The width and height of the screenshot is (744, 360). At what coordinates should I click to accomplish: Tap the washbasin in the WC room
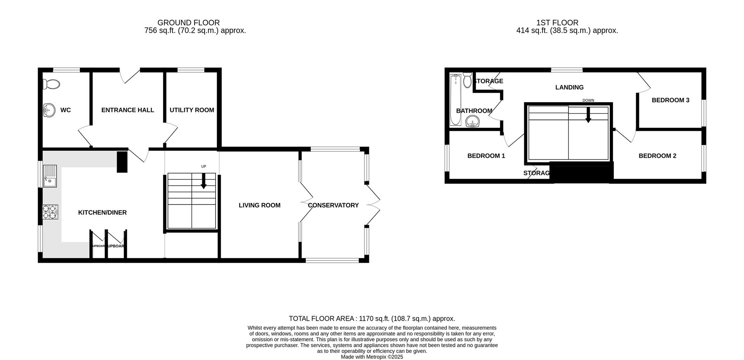coord(48,110)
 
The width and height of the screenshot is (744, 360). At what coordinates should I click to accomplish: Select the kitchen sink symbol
coord(50,176)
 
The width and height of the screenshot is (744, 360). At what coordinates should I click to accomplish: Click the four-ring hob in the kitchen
coord(50,212)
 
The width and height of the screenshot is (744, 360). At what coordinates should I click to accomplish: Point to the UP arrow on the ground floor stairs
coord(203,181)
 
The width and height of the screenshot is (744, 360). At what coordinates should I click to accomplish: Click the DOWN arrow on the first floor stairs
coord(588,115)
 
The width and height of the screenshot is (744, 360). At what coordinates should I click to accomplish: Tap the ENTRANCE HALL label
coord(127,110)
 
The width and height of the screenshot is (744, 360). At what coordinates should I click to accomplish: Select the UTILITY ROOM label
coord(192,110)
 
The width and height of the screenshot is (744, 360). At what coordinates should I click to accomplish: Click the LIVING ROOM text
coord(259,205)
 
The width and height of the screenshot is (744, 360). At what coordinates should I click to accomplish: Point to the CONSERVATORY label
coord(333,205)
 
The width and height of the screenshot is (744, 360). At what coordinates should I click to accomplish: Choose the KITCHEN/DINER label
coord(102,212)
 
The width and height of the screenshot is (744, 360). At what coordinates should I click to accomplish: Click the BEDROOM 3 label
coord(670,100)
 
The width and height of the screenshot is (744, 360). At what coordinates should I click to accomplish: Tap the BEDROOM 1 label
coord(486,156)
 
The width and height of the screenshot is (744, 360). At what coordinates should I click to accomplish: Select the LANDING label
coord(569,88)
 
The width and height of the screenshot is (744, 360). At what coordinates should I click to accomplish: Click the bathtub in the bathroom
coord(455,100)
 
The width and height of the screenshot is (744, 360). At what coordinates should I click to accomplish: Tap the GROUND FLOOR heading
coord(188,23)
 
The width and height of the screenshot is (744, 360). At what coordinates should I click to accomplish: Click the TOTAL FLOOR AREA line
coord(372,319)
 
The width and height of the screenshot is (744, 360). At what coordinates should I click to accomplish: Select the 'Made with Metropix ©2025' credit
coord(372,357)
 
